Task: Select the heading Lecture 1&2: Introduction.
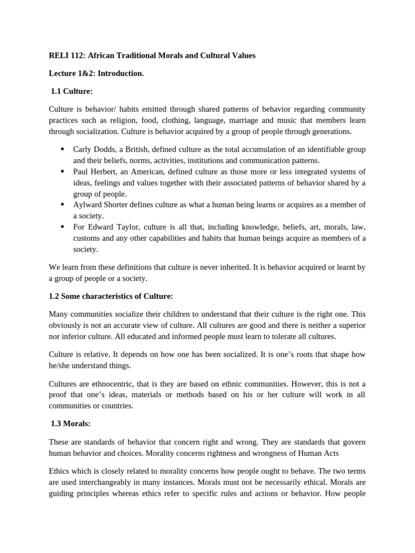coord(96,73)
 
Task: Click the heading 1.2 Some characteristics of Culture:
coord(111,296)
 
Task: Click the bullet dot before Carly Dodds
coord(63,150)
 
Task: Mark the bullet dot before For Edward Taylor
coord(63,227)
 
